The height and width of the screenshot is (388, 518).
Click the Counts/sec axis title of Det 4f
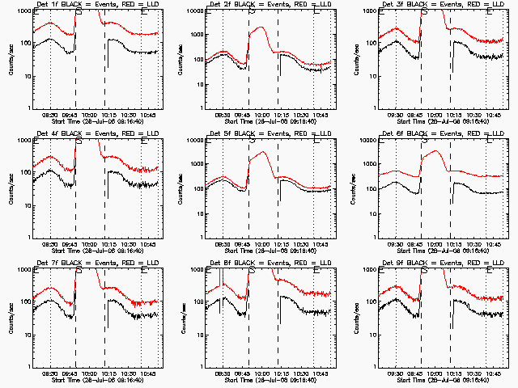tap(12, 187)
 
